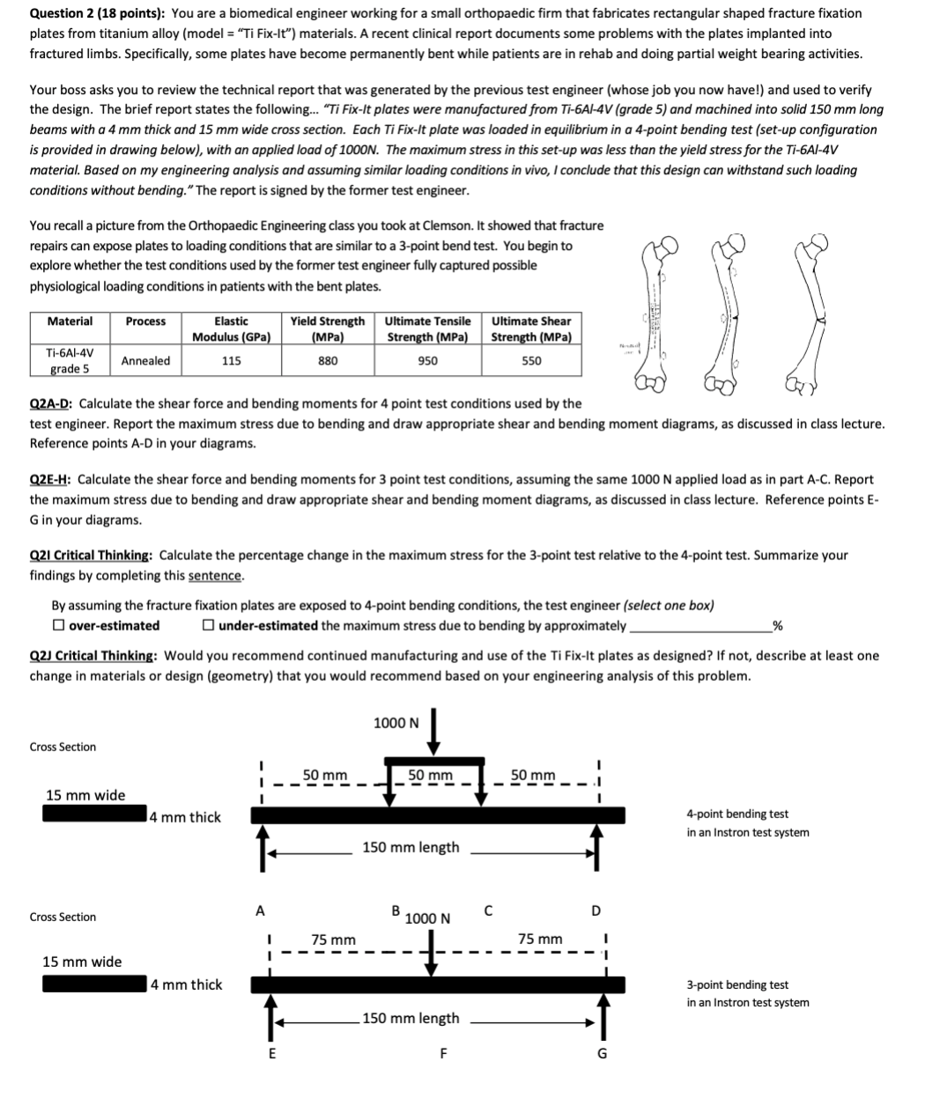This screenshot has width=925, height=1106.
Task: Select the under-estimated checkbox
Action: coord(207,625)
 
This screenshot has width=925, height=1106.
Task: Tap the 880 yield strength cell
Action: coord(328,360)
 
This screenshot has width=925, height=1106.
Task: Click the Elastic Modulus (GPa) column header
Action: coord(231,328)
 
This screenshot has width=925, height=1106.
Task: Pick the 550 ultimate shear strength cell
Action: coord(531,360)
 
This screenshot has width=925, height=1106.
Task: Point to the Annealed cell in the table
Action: coord(145,360)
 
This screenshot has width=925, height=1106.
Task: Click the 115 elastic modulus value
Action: coord(231,360)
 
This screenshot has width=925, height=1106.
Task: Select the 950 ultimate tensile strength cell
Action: coord(427,360)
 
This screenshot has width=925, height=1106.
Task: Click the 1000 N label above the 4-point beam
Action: coord(396,723)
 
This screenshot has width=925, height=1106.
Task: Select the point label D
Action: coord(596,910)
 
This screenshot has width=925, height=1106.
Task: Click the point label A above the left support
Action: coord(260,910)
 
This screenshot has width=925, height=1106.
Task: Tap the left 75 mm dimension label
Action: coord(334,940)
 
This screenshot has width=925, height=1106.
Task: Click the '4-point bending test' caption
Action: coord(737,814)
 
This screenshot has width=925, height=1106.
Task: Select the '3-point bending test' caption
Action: coord(737,984)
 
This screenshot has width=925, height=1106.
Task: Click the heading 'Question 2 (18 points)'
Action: coord(96,13)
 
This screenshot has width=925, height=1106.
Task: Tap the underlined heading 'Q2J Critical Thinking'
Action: coord(93,656)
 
